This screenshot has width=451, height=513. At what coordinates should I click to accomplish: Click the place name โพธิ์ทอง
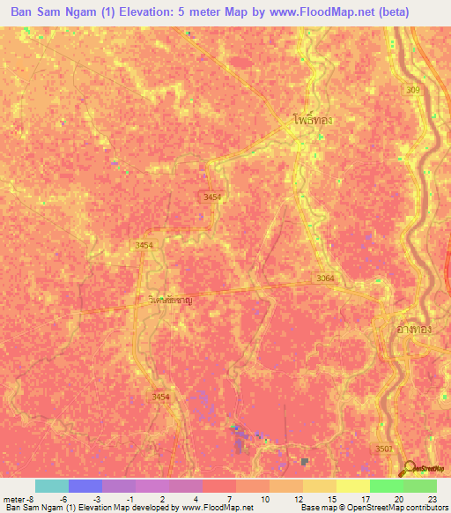313,120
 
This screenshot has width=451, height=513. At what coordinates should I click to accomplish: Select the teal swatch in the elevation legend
52,486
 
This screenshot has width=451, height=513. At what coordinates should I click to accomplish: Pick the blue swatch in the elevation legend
85,486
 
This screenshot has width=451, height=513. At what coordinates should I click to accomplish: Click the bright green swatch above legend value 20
387,486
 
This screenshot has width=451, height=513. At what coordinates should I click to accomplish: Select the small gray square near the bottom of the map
305,461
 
